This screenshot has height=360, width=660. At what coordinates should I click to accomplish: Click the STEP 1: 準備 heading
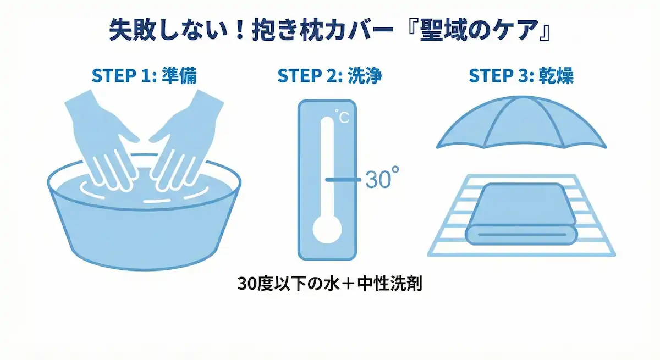pos(144,76)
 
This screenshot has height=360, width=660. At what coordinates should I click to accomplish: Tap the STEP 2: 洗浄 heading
pos(329,76)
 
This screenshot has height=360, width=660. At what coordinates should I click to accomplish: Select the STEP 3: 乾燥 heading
pos(521,76)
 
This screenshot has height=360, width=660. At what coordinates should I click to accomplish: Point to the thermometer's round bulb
pos(327,230)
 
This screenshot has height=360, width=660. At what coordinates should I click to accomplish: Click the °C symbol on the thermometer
pos(342,117)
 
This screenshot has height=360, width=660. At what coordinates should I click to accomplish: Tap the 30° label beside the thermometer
pos(382,178)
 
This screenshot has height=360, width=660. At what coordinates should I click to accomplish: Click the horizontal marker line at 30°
pos(343,179)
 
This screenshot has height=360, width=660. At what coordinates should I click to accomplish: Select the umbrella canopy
pos(521,124)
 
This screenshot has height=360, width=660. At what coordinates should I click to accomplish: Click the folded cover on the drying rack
pos(521,214)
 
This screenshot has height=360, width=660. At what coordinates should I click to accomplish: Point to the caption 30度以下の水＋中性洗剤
pos(329,284)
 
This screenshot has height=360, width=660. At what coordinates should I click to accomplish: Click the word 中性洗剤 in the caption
pos(389,284)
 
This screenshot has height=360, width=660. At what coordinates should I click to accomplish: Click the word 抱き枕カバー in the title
pos(323,30)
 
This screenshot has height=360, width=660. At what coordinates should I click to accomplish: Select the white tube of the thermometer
pos(327,168)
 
